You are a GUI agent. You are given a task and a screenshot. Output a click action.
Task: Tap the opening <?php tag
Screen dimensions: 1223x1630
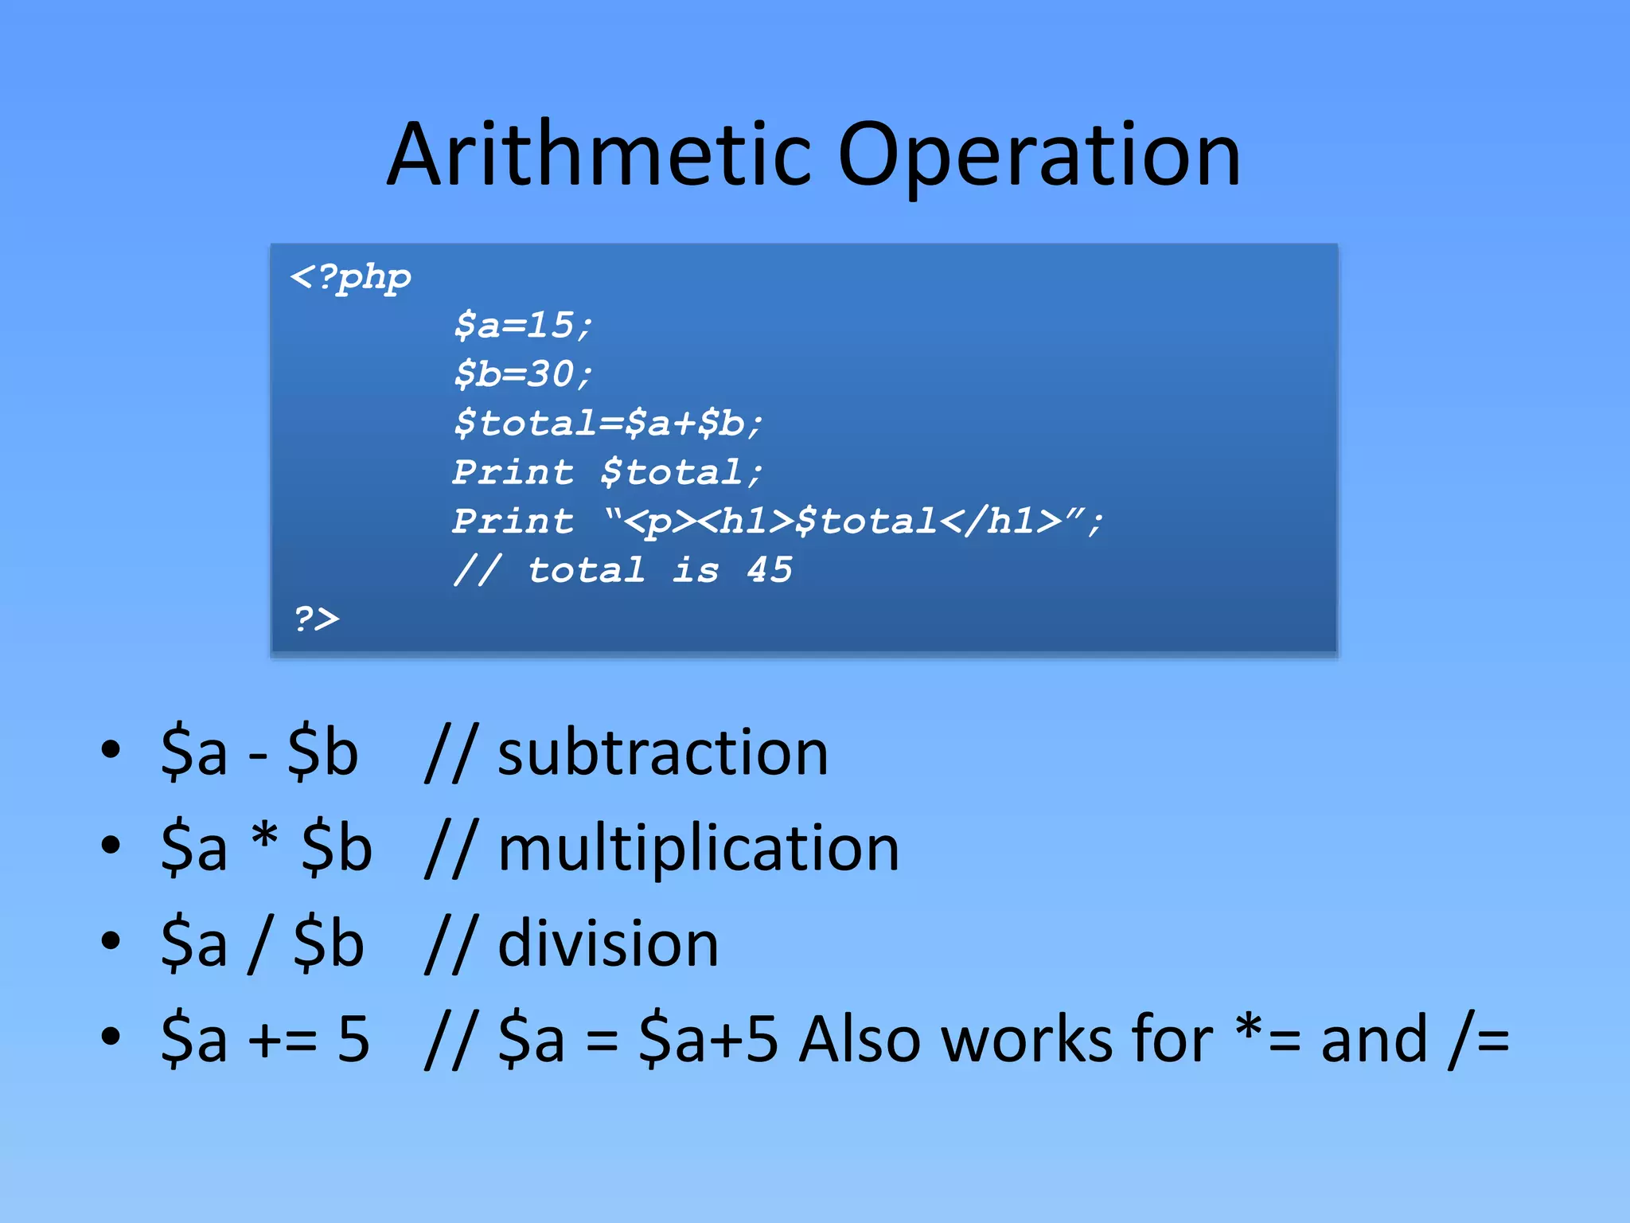tap(351, 278)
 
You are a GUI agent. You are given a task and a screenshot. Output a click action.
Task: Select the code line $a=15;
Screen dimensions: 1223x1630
tap(523, 326)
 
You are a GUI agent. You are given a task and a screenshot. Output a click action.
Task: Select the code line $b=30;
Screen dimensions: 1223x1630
tap(523, 374)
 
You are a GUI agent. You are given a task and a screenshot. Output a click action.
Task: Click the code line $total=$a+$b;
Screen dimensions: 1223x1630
tap(608, 423)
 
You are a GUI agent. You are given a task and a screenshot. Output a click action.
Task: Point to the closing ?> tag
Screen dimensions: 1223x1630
tap(316, 619)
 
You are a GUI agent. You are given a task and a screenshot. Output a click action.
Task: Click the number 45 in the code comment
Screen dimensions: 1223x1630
tap(769, 570)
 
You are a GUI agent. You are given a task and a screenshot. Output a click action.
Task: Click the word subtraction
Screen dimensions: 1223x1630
tap(662, 752)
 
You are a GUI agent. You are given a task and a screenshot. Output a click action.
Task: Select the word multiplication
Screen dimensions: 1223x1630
tap(698, 849)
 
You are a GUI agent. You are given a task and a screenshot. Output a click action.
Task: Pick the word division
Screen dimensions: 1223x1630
tap(608, 944)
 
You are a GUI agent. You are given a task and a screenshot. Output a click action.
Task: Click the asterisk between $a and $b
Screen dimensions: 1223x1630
tap(264, 837)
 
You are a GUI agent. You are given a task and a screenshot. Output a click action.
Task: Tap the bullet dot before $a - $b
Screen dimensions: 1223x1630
tap(111, 749)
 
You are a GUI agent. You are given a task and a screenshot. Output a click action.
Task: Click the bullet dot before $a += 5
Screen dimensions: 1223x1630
tap(111, 1036)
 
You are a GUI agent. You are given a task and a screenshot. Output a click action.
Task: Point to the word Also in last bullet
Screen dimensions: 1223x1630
tap(860, 1039)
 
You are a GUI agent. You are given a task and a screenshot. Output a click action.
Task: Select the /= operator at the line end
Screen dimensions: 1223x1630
tap(1479, 1039)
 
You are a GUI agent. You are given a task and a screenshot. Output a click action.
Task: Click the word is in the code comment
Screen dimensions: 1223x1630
tap(695, 570)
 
